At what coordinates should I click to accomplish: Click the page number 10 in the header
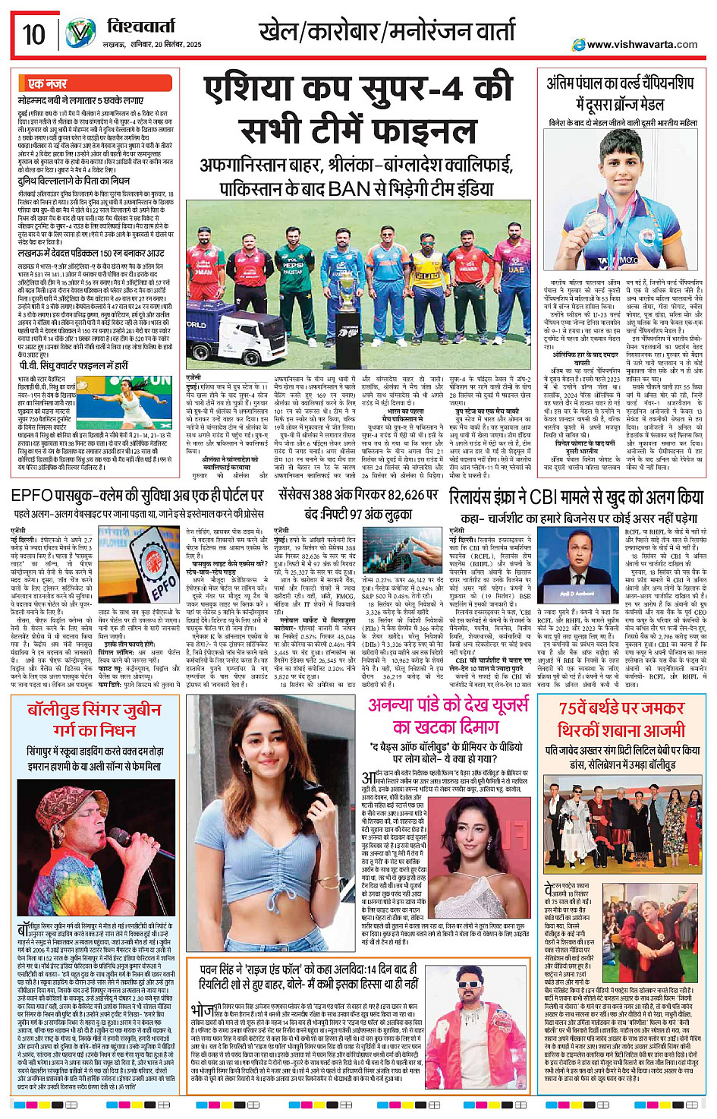tap(34, 35)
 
